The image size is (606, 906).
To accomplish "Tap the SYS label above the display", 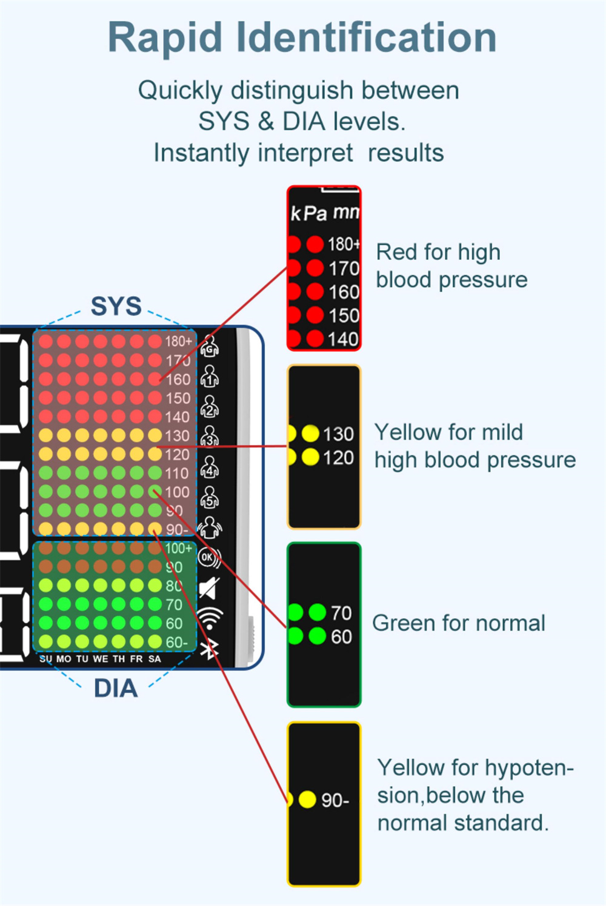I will [x=116, y=306].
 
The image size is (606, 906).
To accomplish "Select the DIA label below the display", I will [x=115, y=689].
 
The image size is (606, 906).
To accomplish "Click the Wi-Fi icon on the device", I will [x=210, y=618].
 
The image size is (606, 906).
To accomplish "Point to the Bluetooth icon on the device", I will [x=209, y=649].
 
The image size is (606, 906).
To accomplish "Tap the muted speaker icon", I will [x=209, y=588].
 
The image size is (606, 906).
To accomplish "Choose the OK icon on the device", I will [x=208, y=557].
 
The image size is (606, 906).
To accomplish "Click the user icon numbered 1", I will [x=210, y=377].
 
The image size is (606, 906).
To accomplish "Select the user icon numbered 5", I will [x=210, y=498].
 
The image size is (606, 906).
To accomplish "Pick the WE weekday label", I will [x=101, y=659].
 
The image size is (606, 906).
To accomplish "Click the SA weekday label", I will [x=155, y=659].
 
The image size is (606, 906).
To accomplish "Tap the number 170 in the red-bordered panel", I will [x=344, y=268].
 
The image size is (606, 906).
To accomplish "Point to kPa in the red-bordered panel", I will [x=308, y=213].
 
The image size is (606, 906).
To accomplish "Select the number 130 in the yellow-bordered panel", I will [x=338, y=434].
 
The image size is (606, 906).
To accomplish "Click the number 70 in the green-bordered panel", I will [x=341, y=613].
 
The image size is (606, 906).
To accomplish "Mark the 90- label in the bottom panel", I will [x=335, y=800].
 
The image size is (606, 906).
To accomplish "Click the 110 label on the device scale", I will [x=177, y=473].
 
